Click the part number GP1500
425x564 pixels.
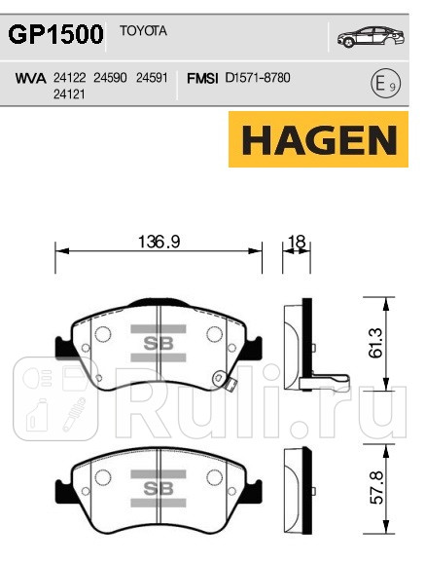[56, 36]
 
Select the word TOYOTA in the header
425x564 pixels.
[143, 31]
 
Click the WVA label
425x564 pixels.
[31, 76]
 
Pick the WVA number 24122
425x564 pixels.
[69, 76]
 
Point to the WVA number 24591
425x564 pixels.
[153, 76]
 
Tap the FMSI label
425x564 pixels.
[201, 76]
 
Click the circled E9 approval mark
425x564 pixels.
[385, 84]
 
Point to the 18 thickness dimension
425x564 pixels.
[298, 243]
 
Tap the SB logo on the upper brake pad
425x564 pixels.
[159, 343]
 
